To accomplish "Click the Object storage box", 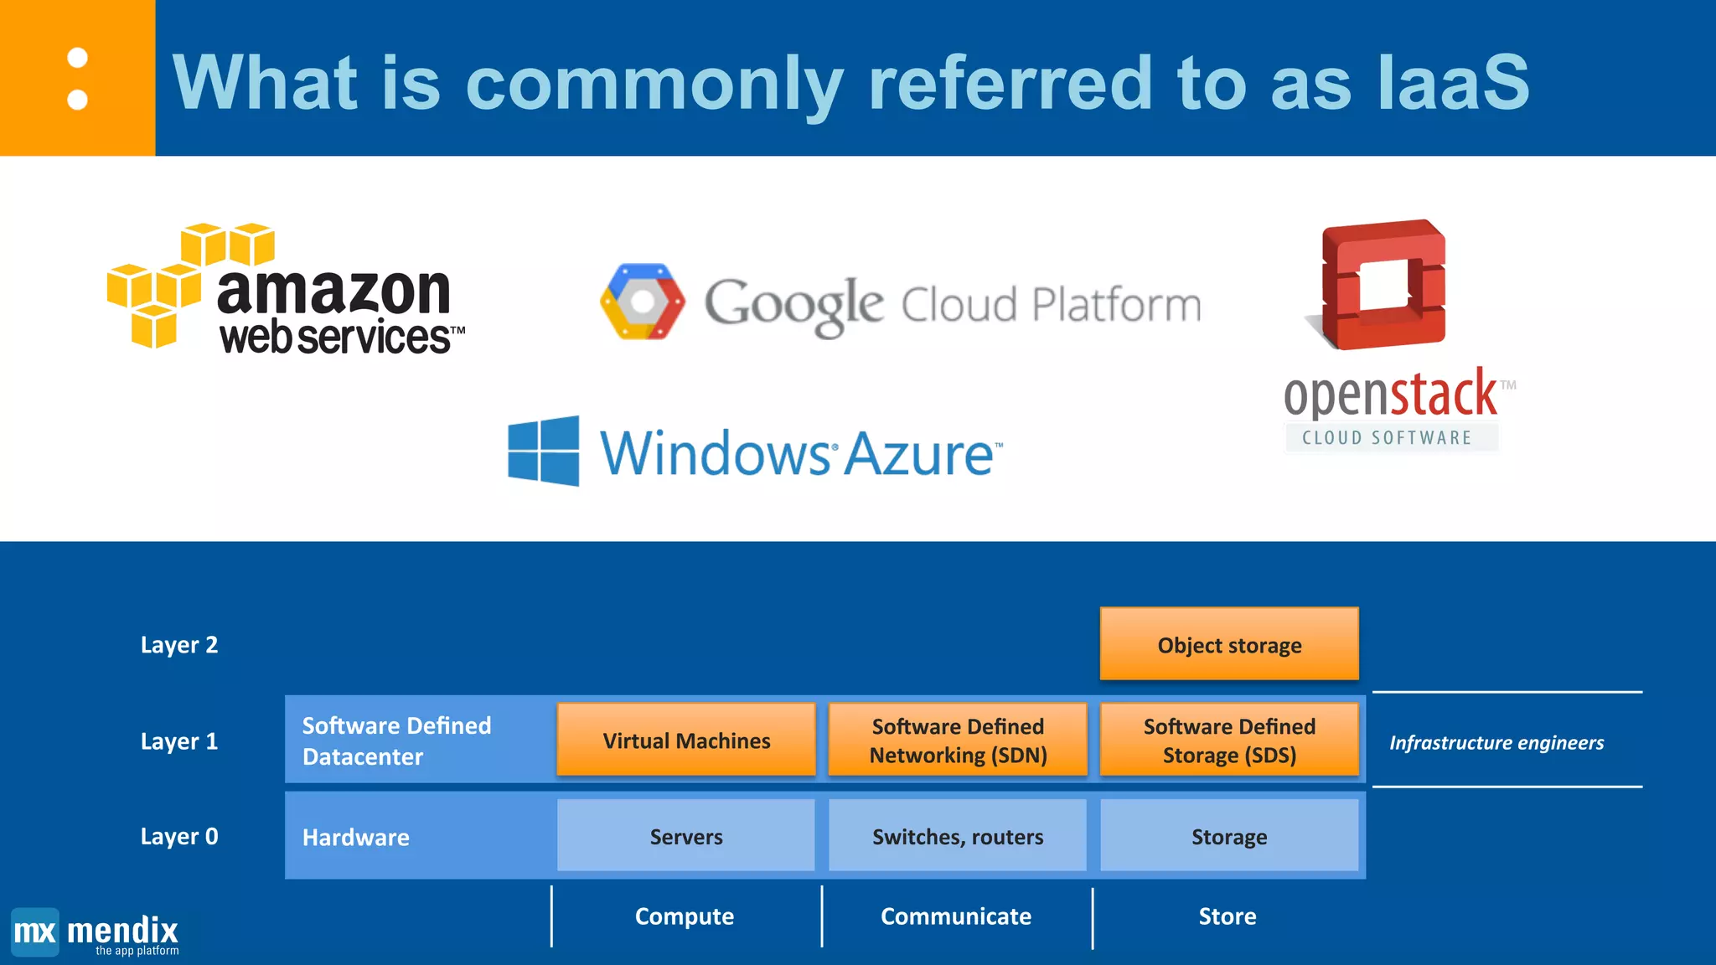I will (x=1228, y=644).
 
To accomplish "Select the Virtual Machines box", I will (x=685, y=740).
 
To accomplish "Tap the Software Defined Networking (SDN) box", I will (x=957, y=740).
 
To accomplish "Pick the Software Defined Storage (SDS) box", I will (x=1228, y=740).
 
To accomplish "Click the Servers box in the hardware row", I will (x=685, y=836).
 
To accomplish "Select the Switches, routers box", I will (x=957, y=836).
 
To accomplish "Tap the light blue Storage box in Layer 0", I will (x=1228, y=836).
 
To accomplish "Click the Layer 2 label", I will (x=178, y=645).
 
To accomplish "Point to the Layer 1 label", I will (x=178, y=741).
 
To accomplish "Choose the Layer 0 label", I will (x=178, y=836).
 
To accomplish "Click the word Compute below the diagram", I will (x=684, y=916).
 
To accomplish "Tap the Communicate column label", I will (x=955, y=916).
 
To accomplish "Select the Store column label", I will (x=1227, y=916).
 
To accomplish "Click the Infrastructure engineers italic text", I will (x=1496, y=742).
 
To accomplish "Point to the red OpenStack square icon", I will (x=1383, y=285).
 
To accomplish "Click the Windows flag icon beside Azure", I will (x=544, y=451).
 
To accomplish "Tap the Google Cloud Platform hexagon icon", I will (x=643, y=302).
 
